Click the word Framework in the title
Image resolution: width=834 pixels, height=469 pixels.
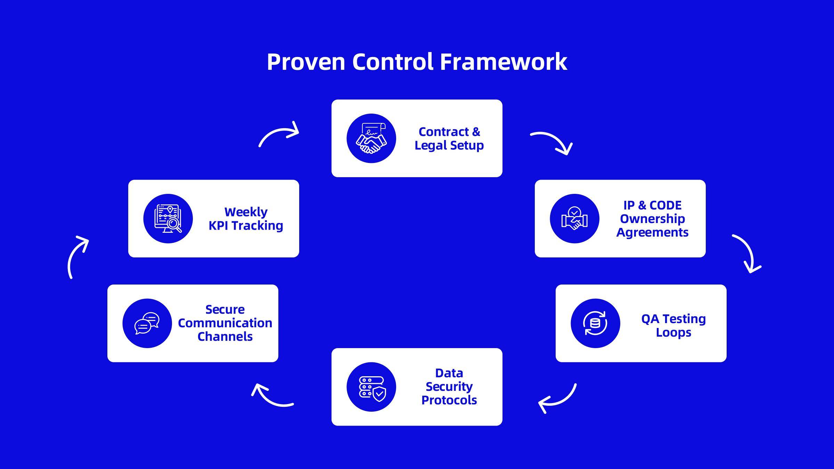tap(504, 62)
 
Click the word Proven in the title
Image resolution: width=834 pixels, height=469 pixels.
tap(306, 62)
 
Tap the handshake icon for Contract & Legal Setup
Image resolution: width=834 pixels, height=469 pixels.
tap(371, 138)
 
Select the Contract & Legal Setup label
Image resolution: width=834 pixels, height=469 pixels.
tap(449, 138)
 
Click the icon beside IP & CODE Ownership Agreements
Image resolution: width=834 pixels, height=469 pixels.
tap(574, 219)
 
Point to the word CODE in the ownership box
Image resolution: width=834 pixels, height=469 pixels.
tap(665, 205)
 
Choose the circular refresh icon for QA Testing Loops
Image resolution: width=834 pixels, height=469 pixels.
tap(595, 323)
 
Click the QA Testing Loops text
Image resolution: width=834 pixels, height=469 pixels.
tap(673, 325)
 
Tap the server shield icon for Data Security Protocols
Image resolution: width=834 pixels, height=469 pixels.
tap(371, 387)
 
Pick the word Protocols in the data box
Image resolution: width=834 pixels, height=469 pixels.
tap(449, 400)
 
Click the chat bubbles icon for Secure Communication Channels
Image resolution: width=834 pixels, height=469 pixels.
tap(147, 323)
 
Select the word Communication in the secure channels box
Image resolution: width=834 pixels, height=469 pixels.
tap(225, 323)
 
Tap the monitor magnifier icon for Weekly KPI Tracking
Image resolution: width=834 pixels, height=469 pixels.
tap(168, 219)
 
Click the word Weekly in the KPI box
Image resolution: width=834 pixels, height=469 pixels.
tap(246, 212)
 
